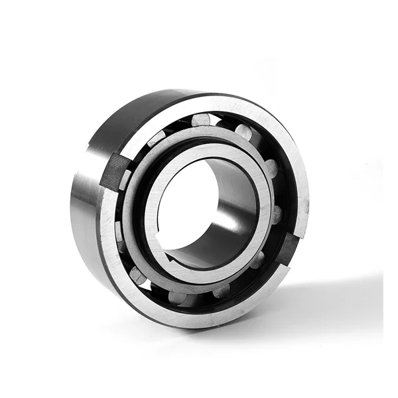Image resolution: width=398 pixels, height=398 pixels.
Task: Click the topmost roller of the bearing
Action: [200, 119]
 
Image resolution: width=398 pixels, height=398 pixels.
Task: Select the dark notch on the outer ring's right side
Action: [289, 249]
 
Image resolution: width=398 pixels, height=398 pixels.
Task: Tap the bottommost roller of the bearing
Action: [178, 297]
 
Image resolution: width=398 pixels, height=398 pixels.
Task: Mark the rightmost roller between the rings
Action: [277, 214]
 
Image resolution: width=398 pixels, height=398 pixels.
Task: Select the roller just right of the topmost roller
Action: [243, 132]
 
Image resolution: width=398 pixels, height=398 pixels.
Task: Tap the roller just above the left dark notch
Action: [157, 138]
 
